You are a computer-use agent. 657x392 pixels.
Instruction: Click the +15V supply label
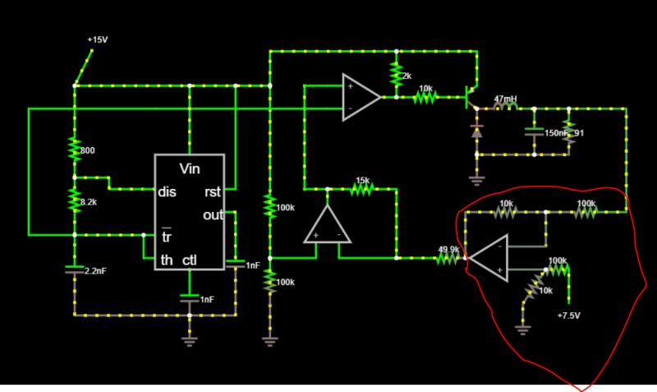coord(97,39)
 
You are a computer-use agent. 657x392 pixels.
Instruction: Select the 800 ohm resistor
coord(75,149)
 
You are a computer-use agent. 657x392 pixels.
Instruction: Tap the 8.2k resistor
coord(75,200)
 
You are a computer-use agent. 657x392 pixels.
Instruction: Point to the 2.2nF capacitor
coord(75,268)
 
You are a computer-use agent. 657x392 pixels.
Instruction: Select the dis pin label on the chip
coord(167,193)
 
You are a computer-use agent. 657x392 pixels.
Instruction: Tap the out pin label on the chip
coord(212,215)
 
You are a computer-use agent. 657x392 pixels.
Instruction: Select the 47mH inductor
coord(505,108)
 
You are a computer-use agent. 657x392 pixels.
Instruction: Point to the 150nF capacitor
coord(534,131)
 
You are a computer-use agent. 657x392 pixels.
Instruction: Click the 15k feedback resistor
coord(363,190)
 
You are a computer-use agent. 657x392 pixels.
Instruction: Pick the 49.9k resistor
coord(448,258)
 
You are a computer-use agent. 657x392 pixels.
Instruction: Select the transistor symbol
coord(471,97)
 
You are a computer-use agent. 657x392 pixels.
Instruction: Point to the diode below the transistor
coord(476,130)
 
